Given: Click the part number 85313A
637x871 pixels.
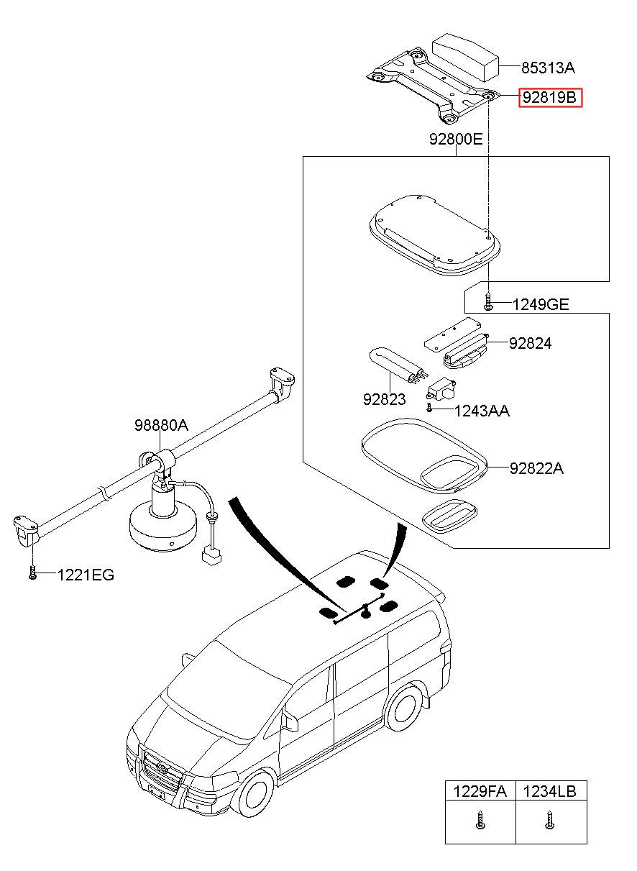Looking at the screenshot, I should click(x=548, y=68).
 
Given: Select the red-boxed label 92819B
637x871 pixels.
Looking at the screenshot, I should click(x=550, y=97).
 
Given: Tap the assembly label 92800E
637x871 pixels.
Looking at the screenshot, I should click(x=456, y=140).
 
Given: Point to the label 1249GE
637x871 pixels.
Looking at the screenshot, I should click(x=540, y=305).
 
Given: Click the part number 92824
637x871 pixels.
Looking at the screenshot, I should click(x=530, y=343).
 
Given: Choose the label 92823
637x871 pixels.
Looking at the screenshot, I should click(x=385, y=400).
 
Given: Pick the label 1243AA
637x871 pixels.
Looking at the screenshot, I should click(x=482, y=411).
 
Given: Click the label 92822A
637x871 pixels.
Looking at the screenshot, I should click(x=536, y=469).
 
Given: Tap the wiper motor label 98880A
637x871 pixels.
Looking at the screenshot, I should click(x=161, y=425).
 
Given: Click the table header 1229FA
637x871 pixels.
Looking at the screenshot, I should click(x=480, y=792).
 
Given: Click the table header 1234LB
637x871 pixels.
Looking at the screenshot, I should click(x=550, y=792).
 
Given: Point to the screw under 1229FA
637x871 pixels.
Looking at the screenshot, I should click(x=480, y=820).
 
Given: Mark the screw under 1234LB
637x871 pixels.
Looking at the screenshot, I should click(x=550, y=820).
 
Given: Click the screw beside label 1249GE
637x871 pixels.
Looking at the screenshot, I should click(x=489, y=304).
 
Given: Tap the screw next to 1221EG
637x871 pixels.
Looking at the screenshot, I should click(x=33, y=573).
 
